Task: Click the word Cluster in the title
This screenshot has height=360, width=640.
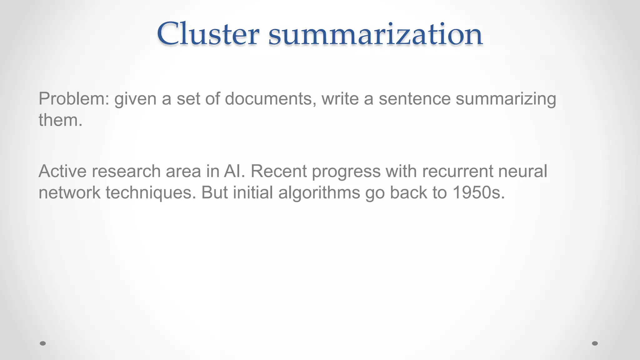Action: pos(208,34)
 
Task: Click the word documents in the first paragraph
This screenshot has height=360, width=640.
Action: pos(268,99)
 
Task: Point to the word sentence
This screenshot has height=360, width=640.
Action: pos(414,99)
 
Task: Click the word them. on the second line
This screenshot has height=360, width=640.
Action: pos(61,120)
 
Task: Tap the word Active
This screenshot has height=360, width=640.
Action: pos(62,171)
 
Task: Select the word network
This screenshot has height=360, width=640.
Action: pos(69,192)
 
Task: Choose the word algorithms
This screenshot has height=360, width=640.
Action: pos(319,193)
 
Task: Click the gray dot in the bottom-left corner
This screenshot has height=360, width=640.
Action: pos(43,343)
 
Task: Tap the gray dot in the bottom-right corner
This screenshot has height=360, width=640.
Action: pos(595,343)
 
